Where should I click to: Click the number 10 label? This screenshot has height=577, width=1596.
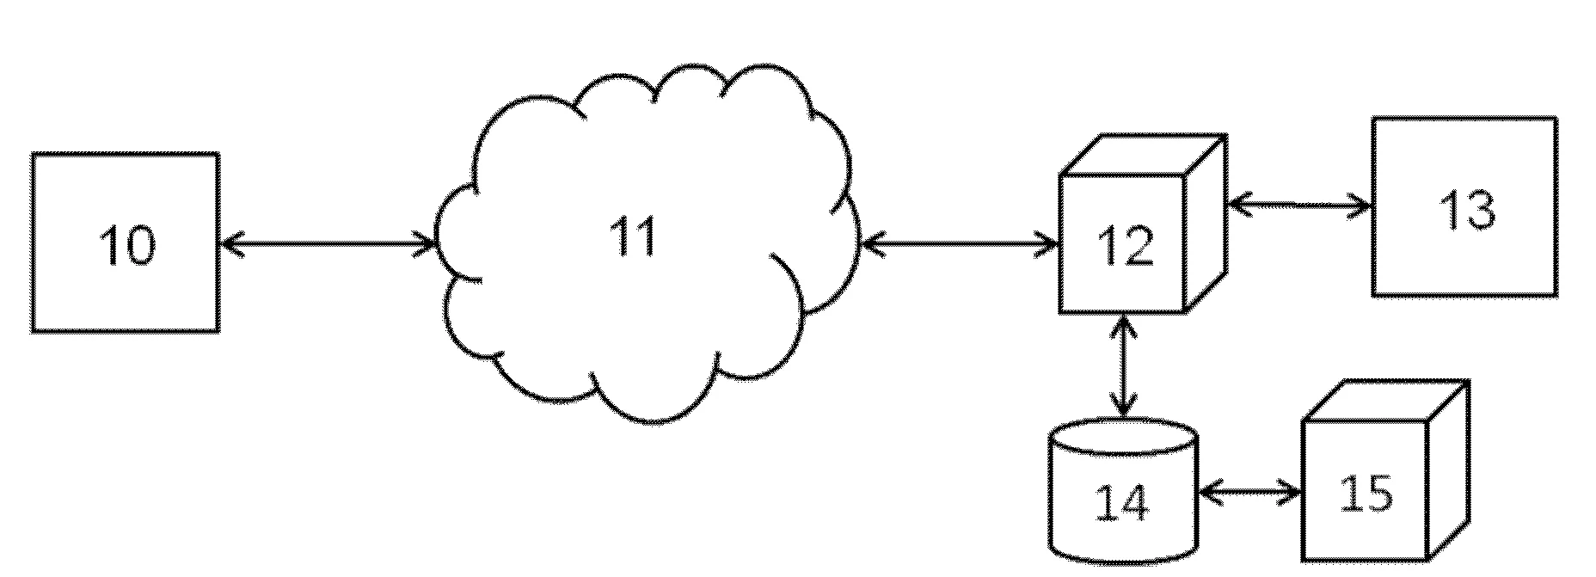click(x=127, y=244)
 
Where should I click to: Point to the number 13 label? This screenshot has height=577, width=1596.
click(x=1465, y=209)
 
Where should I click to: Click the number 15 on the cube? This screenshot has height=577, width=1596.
click(x=1366, y=494)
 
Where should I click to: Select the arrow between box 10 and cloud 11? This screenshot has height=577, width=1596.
click(x=328, y=244)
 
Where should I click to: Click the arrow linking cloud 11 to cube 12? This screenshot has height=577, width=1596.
click(x=959, y=244)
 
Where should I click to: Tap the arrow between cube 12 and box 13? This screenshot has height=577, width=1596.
click(x=1298, y=205)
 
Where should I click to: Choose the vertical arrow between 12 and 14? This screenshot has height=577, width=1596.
click(x=1124, y=365)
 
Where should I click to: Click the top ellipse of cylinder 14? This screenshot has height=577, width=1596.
click(x=1123, y=436)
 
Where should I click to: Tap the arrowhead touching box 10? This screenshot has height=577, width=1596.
click(x=229, y=244)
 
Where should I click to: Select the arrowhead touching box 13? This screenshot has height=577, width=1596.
click(x=1362, y=206)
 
